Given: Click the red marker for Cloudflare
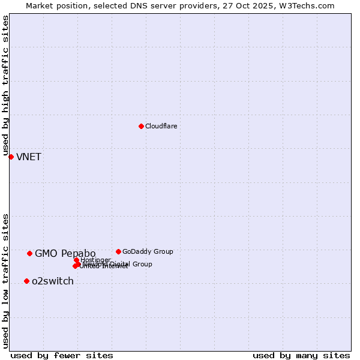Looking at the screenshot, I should point(141,126).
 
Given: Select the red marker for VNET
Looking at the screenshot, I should point(11,157).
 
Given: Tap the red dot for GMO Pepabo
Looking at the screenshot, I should point(29,253).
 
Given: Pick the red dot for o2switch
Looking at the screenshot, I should point(26,281).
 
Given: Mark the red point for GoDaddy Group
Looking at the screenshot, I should point(118,251).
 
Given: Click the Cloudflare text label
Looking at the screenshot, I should point(161,126).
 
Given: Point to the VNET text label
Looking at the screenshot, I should point(29,157).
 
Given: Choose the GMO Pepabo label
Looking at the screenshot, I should point(65,253).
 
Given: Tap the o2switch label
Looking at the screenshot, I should point(53,281).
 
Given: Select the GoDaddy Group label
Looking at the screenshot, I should point(148,251).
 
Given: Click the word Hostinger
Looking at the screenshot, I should point(96,260).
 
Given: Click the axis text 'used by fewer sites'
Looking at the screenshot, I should point(62,356).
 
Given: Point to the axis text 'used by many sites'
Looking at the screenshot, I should point(301,356).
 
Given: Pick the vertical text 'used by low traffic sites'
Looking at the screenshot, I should point(6,280).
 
